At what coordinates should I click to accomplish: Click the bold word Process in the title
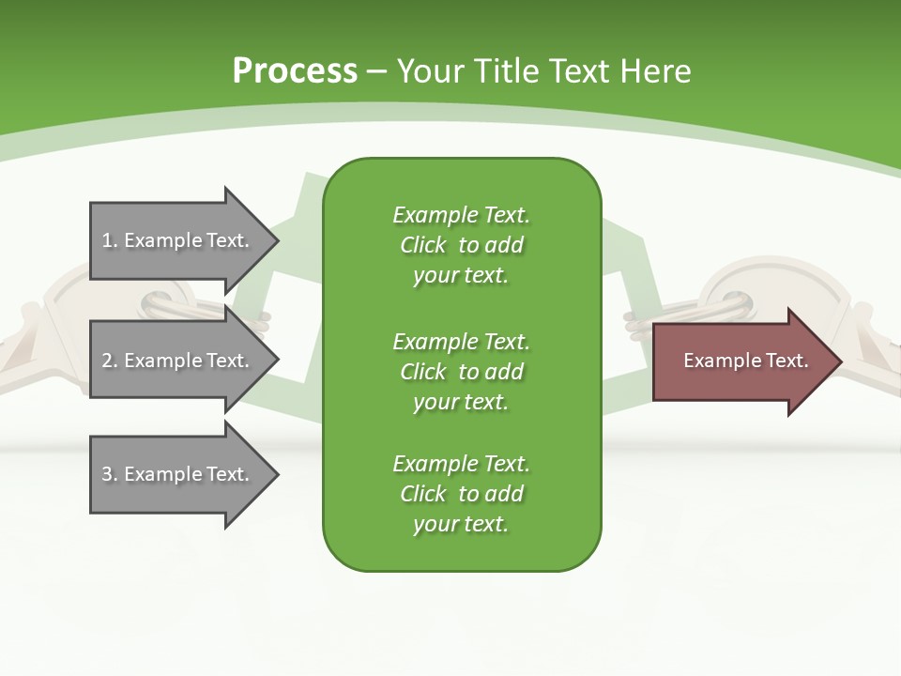[x=295, y=71]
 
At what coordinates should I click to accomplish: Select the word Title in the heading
[x=508, y=71]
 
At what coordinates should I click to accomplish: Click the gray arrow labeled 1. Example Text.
[x=178, y=240]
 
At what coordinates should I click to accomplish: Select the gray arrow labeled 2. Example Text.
[x=178, y=361]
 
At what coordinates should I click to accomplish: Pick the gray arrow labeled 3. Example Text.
[x=178, y=474]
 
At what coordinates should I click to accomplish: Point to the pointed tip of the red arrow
[x=839, y=361]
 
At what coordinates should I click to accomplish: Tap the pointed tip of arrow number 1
[x=276, y=240]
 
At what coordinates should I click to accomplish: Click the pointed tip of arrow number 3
[x=276, y=474]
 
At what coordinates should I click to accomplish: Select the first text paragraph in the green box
[x=461, y=245]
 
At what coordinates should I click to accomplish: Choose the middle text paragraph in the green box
[x=461, y=371]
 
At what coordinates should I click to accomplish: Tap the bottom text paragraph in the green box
[x=461, y=494]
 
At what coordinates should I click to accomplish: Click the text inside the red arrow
[x=745, y=361]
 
